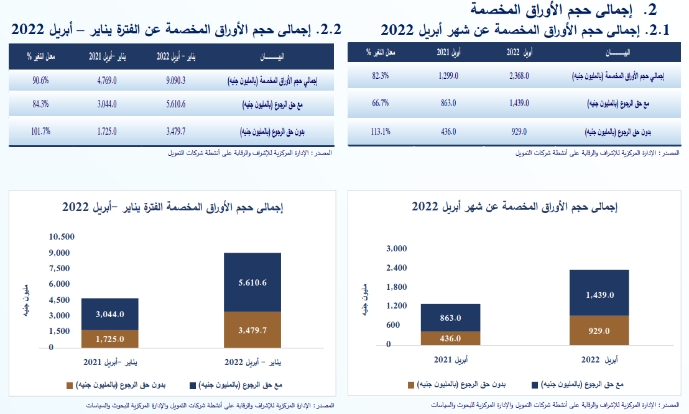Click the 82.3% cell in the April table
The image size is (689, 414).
point(381,76)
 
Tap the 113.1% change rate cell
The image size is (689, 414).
point(380,131)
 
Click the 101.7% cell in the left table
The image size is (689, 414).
point(42,131)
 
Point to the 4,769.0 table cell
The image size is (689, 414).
point(107,80)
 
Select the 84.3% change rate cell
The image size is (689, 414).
point(42,105)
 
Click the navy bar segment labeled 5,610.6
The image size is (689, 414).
point(252,282)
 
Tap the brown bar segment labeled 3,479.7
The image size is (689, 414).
point(252,330)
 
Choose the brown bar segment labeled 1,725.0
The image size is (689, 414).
point(110,339)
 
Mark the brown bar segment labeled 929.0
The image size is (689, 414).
point(599,330)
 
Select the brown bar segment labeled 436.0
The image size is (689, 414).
point(450,338)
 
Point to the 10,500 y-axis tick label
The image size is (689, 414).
point(62,236)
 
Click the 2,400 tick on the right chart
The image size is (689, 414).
point(396,268)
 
